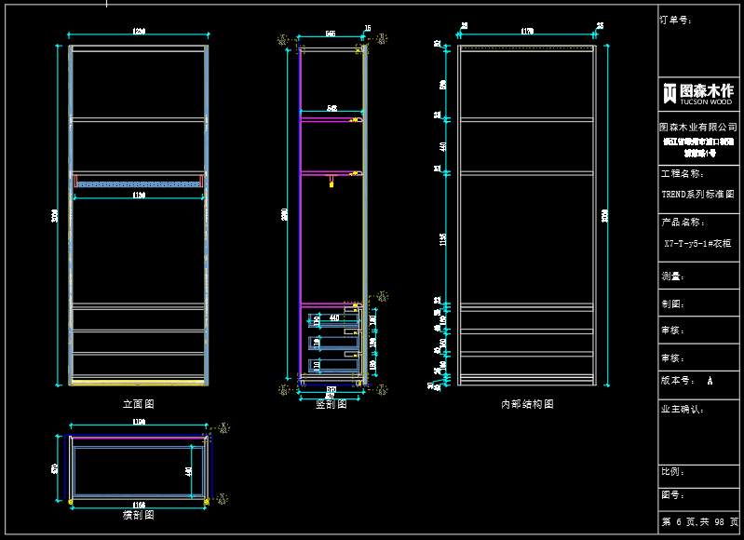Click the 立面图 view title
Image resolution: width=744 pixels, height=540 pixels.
138,404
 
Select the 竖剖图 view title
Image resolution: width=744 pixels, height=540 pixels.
331,404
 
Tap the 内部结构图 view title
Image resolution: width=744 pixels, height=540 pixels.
527,404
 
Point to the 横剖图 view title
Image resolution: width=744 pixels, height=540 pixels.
138,514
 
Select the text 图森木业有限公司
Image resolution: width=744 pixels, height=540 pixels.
698,127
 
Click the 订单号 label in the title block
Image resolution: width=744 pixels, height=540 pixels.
674,20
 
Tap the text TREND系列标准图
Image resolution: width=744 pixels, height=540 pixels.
697,195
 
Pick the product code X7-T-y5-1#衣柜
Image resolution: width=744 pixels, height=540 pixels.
697,243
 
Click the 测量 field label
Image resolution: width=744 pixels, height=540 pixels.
672,277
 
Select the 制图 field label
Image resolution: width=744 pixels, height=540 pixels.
672,304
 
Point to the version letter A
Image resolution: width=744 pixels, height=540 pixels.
710,381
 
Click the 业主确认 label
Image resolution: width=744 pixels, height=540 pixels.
681,409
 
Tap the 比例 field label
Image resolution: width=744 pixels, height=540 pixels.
672,471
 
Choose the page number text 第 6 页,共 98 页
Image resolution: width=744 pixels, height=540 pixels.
699,522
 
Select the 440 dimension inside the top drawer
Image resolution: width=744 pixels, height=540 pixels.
334,318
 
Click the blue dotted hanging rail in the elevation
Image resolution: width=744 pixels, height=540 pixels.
139,184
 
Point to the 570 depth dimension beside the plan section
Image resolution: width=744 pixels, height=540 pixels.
55,468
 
